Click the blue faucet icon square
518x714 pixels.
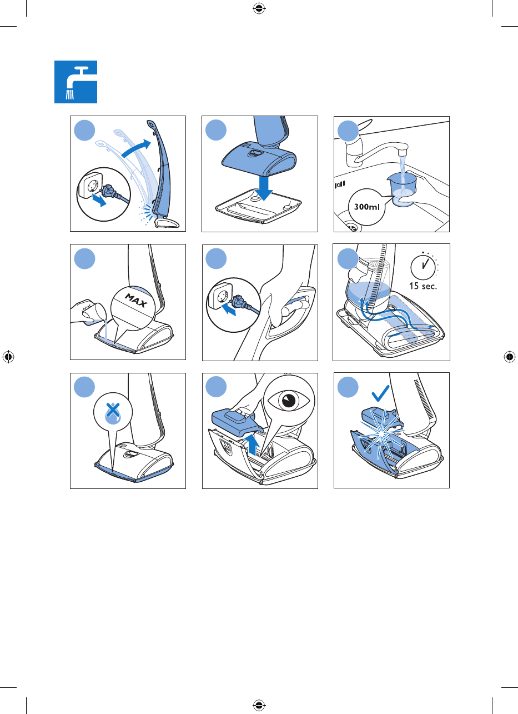[76, 82]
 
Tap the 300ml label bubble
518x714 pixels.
[367, 207]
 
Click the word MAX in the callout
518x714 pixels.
[137, 301]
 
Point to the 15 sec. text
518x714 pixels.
[423, 286]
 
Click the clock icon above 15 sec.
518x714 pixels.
[423, 267]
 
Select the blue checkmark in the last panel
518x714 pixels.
[380, 393]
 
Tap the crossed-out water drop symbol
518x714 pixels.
[113, 413]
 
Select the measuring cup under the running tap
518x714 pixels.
[401, 189]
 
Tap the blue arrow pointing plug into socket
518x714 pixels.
[228, 309]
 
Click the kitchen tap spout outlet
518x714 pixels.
[403, 150]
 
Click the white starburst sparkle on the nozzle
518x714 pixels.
[381, 432]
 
